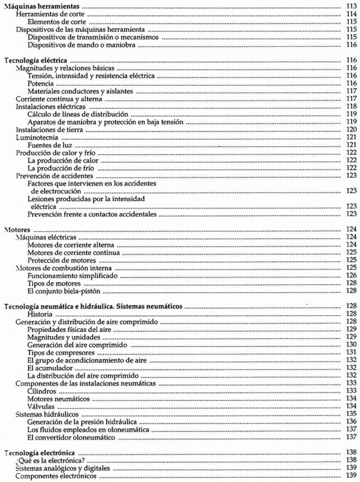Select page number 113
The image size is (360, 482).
[352, 5]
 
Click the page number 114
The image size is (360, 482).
[352, 13]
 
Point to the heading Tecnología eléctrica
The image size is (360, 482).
[35, 61]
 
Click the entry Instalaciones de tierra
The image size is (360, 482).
[46, 130]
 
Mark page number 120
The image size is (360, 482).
[352, 130]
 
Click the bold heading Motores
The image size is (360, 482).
[17, 229]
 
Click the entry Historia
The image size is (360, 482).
[41, 314]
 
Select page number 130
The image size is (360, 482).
[352, 345]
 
